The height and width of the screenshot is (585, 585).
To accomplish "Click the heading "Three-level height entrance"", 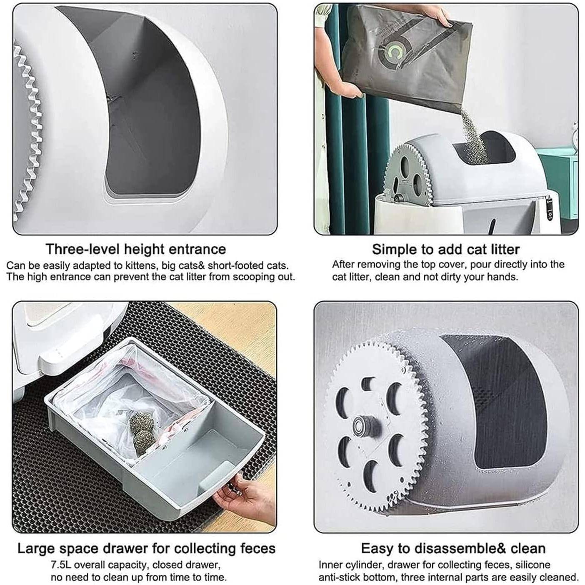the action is coord(136,249).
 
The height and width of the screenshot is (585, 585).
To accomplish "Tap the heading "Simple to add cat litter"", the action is coord(446,249).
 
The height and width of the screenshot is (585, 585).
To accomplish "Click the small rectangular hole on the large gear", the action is coord(367,384).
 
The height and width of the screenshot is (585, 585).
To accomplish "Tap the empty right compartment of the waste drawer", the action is coord(197,452).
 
